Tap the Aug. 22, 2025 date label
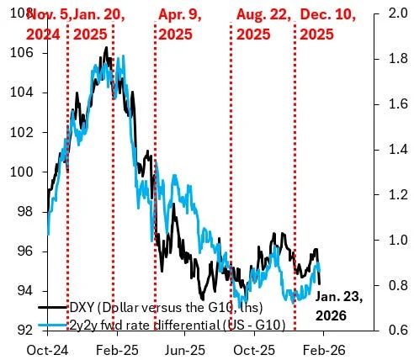tap(262, 23)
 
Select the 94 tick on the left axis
tap(22, 291)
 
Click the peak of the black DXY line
tap(106, 48)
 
